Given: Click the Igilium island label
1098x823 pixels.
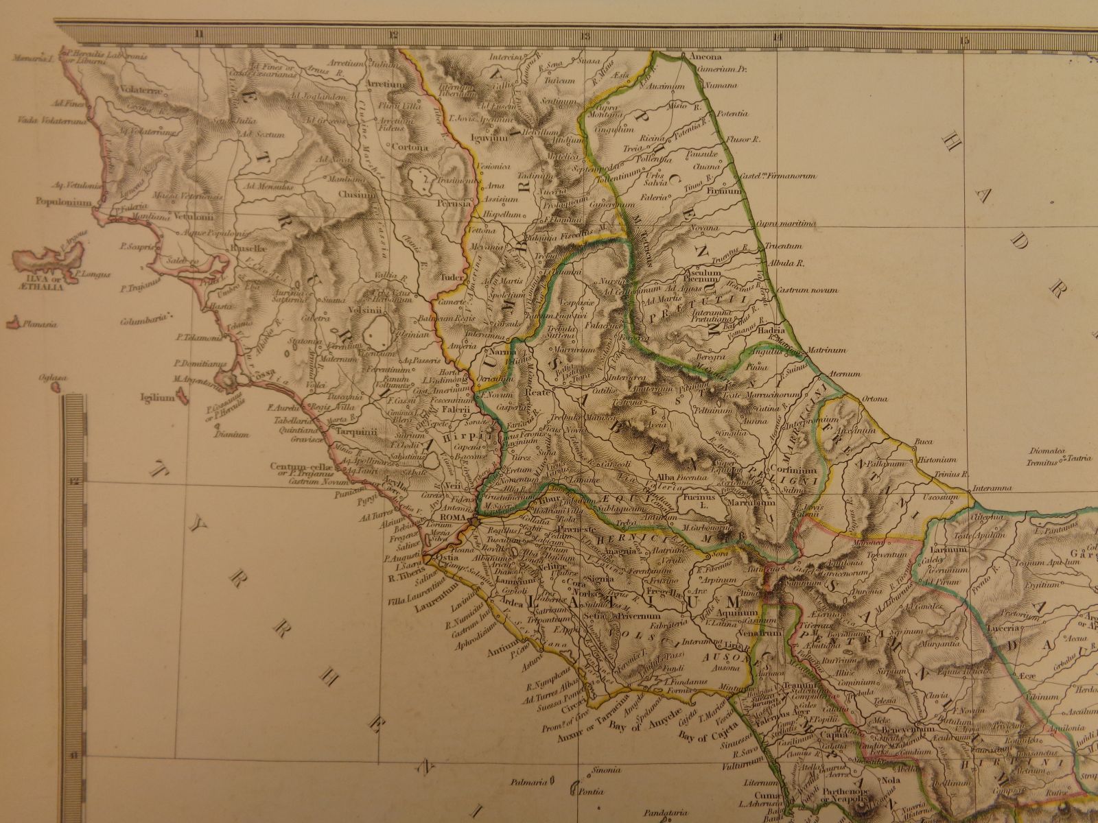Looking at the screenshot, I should (x=154, y=396).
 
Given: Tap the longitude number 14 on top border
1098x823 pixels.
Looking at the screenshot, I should (x=776, y=36).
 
